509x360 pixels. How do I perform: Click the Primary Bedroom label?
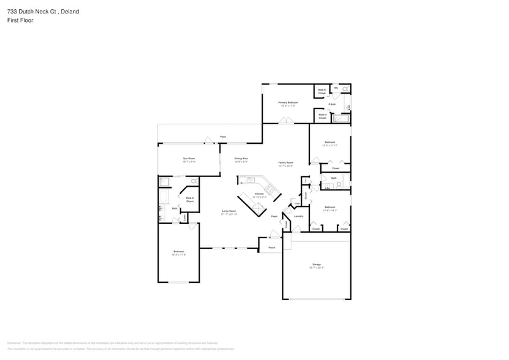click(288, 102)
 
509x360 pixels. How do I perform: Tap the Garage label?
click(316, 264)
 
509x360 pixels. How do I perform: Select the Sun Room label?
click(189, 159)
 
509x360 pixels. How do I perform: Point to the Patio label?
click(224, 137)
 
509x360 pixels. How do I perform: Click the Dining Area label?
click(241, 159)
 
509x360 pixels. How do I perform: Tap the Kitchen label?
click(259, 194)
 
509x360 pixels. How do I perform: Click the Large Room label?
click(229, 211)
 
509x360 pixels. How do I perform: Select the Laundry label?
click(299, 216)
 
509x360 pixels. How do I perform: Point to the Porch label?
click(271, 247)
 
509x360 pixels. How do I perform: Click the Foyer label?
click(274, 216)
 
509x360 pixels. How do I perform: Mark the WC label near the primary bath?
click(336, 88)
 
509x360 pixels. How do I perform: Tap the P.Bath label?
click(331, 104)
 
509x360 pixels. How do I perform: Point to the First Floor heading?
click(20, 20)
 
